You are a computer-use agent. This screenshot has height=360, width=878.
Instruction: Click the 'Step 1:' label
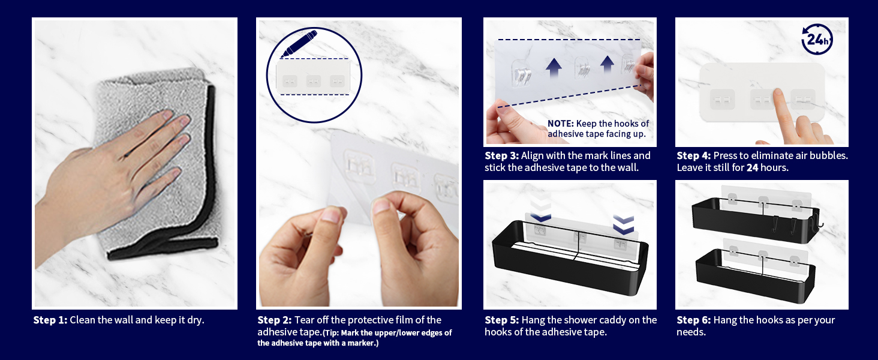click(50, 320)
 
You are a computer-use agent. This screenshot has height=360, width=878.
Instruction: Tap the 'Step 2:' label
click(275, 320)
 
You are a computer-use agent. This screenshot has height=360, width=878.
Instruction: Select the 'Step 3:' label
click(502, 155)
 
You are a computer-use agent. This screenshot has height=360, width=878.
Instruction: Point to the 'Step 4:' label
click(694, 155)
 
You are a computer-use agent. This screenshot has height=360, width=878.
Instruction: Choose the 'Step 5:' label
click(502, 320)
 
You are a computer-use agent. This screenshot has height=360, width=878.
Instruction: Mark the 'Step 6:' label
click(694, 320)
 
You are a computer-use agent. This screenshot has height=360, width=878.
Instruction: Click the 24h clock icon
click(817, 39)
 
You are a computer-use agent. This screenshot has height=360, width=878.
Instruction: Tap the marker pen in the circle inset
click(299, 44)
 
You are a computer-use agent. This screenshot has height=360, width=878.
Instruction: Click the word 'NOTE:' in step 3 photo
click(561, 124)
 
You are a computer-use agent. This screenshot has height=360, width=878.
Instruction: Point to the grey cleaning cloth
click(157, 165)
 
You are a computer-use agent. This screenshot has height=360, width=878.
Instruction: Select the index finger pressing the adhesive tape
click(783, 114)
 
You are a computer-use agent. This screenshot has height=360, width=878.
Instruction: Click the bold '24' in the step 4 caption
click(752, 168)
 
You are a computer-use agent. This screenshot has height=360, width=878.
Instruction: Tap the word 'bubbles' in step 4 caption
click(829, 155)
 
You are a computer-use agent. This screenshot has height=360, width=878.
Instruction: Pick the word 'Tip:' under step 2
click(332, 333)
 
